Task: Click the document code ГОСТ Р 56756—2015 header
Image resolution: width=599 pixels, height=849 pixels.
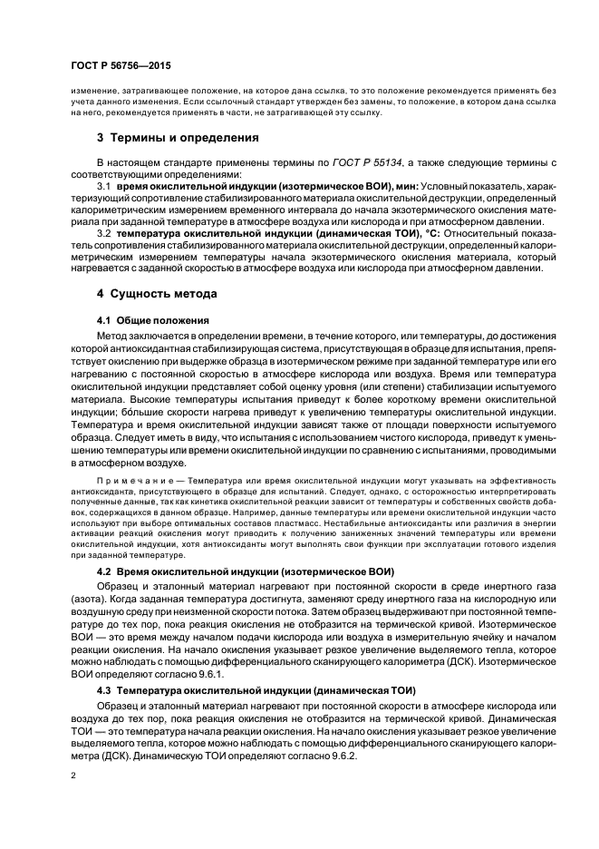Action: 121,66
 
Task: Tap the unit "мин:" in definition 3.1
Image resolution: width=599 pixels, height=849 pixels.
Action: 406,186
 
